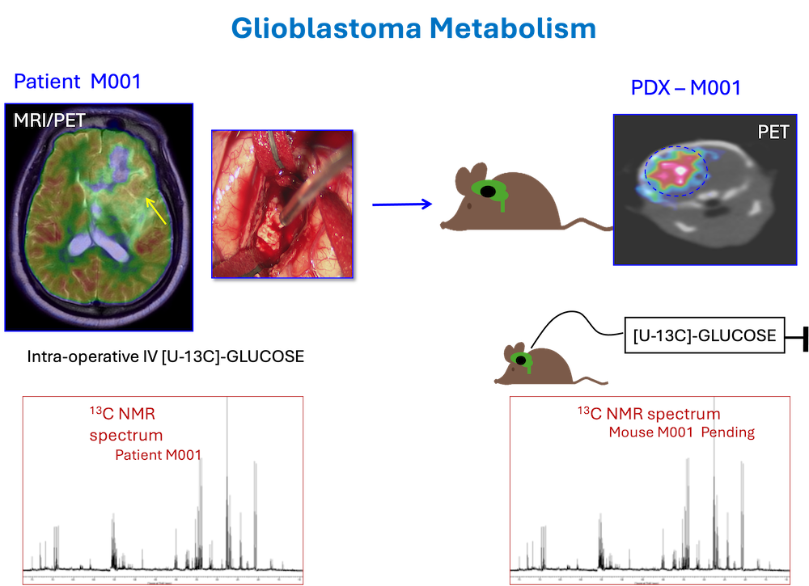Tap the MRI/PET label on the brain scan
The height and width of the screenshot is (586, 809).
pyautogui.click(x=49, y=121)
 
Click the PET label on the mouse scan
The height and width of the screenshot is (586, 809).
pyautogui.click(x=773, y=132)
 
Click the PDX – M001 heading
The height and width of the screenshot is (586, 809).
pyautogui.click(x=685, y=88)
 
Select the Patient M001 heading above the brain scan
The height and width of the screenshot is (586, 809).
pyautogui.click(x=78, y=81)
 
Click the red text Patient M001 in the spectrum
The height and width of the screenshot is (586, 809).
pyautogui.click(x=158, y=455)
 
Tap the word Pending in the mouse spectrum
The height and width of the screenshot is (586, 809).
pyautogui.click(x=728, y=432)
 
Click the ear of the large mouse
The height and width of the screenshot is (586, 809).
pyautogui.click(x=464, y=175)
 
